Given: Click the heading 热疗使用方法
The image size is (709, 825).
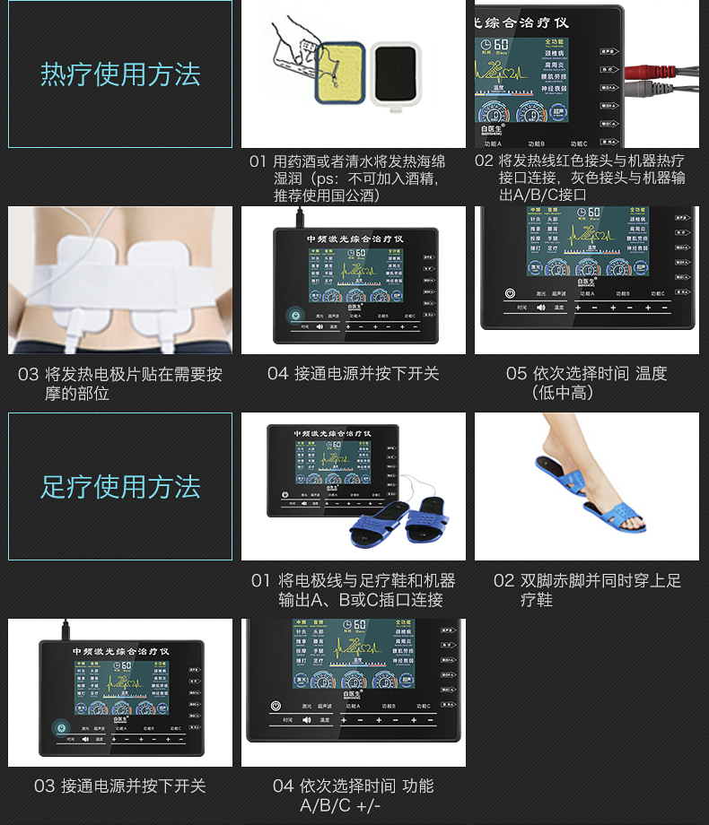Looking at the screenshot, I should coord(120,74).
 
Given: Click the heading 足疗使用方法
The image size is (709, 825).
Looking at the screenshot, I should coord(120,487).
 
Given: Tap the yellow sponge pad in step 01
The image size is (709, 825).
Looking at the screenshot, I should coord(337,72).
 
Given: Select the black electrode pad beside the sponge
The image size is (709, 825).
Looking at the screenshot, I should coord(395,74).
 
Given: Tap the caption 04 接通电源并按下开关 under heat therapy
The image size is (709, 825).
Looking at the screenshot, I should coord(353,373).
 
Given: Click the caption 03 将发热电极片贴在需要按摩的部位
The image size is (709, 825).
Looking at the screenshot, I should coord(120,383).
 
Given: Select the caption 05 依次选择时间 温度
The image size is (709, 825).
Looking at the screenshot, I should coord(586,382).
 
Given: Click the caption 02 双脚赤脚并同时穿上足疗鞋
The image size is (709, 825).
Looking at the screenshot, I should coord(587,589).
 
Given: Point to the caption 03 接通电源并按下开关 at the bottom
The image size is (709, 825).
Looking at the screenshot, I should coord(120,786).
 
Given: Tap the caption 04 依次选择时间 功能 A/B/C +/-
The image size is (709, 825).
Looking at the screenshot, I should coord(353,795).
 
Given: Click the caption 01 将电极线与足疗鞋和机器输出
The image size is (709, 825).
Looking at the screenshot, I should coord(353,589).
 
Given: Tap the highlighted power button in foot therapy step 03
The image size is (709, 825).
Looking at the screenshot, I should coord(60,728).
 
